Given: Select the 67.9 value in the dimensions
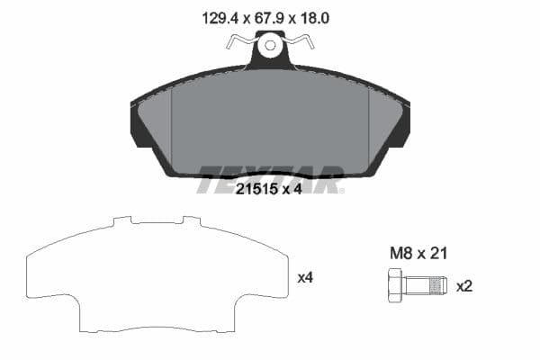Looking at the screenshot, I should click(x=270, y=16).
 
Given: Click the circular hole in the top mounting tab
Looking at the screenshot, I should click(x=270, y=44).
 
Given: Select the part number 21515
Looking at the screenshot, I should click(x=256, y=190).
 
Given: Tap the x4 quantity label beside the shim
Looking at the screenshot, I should click(x=305, y=278).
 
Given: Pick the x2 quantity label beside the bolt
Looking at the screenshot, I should click(x=464, y=286).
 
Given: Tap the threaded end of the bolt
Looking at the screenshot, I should click(x=436, y=286).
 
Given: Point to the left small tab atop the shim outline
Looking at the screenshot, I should click(x=122, y=219).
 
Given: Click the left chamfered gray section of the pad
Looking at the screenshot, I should click(x=155, y=126).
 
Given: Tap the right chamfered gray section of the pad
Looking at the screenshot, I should click(x=385, y=126).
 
